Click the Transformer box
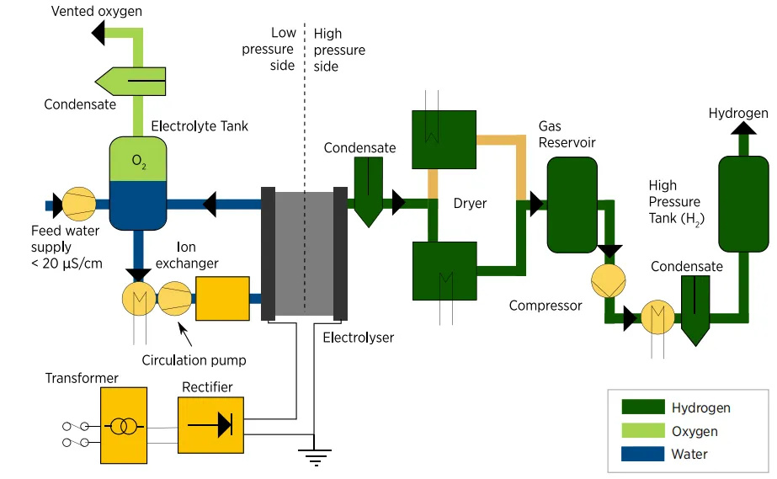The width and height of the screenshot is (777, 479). pos(124,425)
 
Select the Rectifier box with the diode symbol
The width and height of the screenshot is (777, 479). pos(210,425)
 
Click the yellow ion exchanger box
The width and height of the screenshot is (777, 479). pos(222,298)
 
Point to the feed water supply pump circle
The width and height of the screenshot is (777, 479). pos(79,204)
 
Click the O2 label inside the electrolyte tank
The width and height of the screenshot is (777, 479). pos(139,162)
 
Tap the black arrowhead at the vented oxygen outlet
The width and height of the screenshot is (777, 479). pos(98,33)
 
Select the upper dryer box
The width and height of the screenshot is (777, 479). pos(444,140)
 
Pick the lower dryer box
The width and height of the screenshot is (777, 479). pos(444,270)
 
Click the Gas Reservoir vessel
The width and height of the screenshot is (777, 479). pos(572,205)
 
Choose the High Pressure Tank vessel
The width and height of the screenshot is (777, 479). pos(743,204)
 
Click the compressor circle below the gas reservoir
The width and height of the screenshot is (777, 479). pos(609,281)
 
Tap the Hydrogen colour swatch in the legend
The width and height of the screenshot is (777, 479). pos(643,407)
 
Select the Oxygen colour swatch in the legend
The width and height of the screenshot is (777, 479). pos(643,430)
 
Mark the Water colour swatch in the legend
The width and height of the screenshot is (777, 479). pos(643,454)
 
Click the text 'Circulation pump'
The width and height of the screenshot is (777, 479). pos(194,360)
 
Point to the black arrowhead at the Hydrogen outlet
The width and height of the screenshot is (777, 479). pos(743,128)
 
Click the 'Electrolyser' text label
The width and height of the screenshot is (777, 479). pos(359,338)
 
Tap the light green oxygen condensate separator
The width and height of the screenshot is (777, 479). pos(130,81)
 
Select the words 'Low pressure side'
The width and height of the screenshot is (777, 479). pos(268,49)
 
